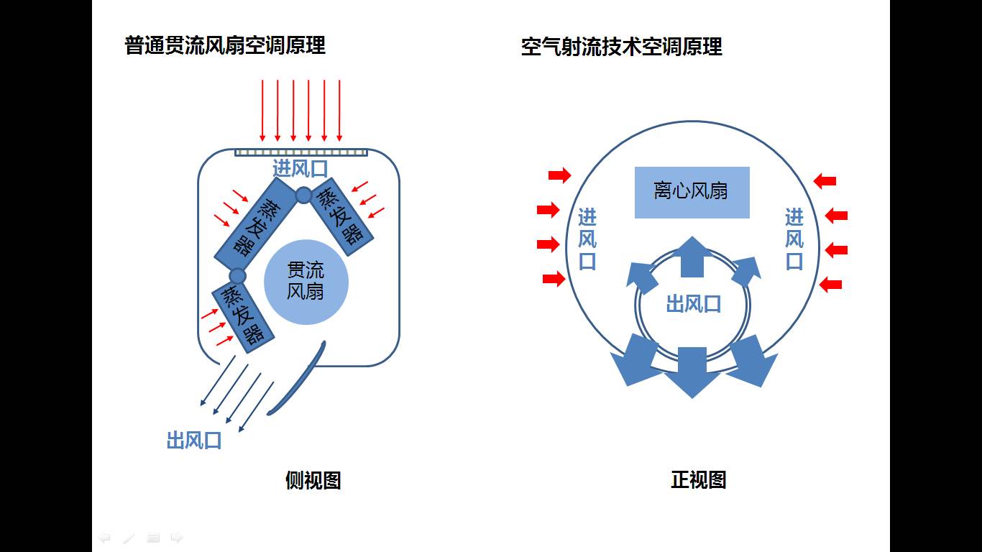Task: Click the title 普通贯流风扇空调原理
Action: click(225, 45)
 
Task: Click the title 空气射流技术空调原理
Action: click(621, 47)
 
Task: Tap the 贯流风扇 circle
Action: click(306, 282)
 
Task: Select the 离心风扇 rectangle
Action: click(692, 192)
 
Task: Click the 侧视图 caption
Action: click(313, 480)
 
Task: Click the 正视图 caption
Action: click(698, 479)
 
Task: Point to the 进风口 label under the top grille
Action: click(300, 168)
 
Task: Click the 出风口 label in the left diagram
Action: click(194, 440)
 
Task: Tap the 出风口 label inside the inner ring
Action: click(694, 304)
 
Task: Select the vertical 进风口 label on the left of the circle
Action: click(587, 239)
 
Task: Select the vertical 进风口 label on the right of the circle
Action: click(794, 239)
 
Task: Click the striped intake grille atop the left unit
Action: click(301, 152)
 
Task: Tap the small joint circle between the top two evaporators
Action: click(303, 195)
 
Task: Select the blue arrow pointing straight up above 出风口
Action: click(692, 257)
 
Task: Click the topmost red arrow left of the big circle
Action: click(560, 176)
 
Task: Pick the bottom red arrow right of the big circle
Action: click(830, 285)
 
